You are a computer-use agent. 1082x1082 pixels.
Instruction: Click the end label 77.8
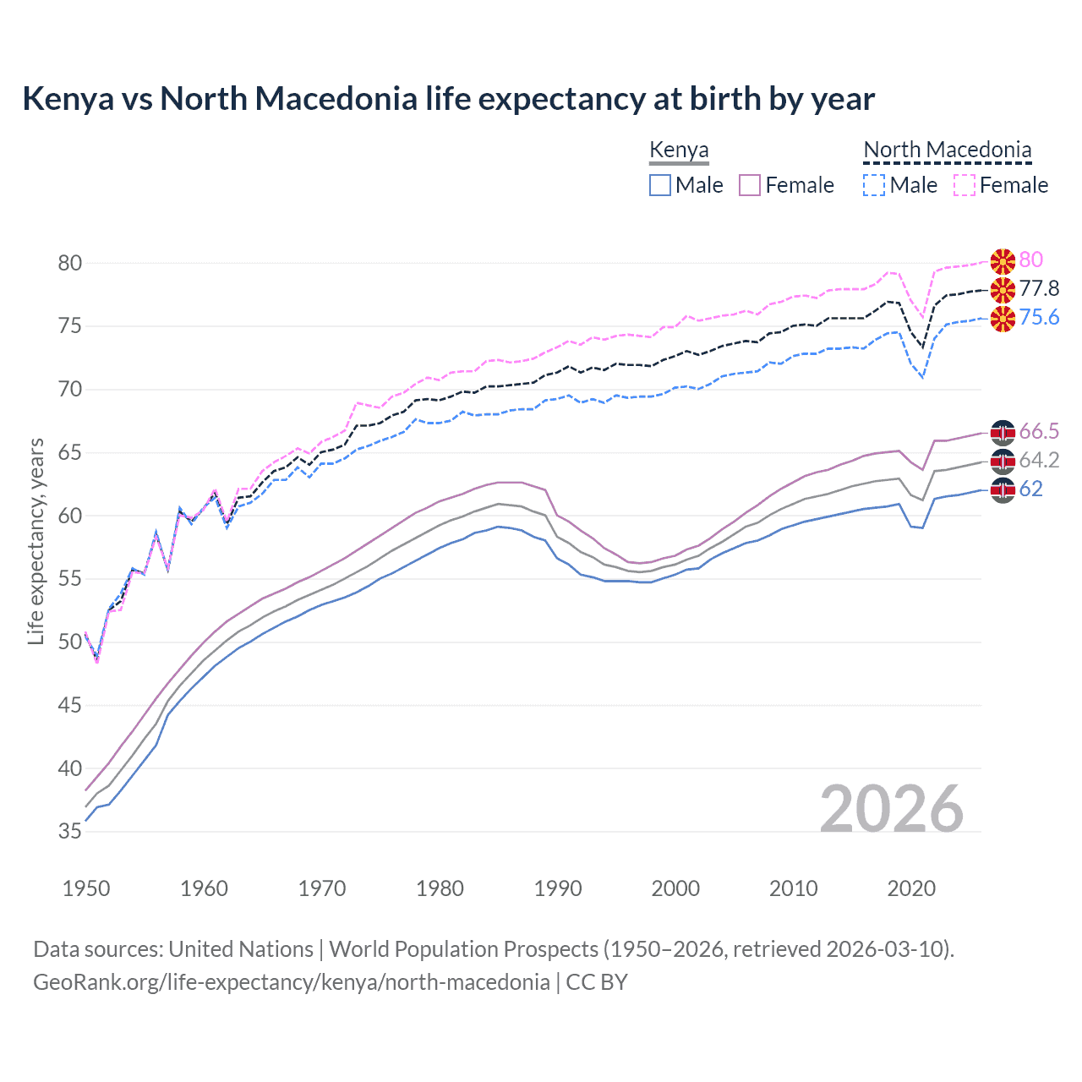click(1039, 289)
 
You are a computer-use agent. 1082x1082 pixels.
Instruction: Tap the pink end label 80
click(1030, 260)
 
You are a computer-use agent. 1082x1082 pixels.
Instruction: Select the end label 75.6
click(1039, 318)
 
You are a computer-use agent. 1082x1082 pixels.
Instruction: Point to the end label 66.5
click(1039, 432)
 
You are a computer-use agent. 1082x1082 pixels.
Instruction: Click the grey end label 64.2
click(1039, 461)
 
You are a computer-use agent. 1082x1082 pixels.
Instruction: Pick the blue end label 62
click(1030, 489)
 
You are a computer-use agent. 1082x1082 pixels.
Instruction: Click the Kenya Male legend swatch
click(660, 185)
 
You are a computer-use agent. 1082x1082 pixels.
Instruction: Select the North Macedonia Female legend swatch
click(965, 185)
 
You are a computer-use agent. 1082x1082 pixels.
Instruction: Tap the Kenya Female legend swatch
click(750, 185)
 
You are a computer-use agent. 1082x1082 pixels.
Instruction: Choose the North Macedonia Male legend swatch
click(874, 185)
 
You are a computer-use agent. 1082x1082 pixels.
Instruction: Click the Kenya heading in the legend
click(679, 150)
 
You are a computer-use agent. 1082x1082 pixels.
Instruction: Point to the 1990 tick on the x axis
click(558, 888)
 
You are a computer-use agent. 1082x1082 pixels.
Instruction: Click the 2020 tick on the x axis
click(911, 888)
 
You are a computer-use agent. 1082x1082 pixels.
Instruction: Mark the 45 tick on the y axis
click(70, 705)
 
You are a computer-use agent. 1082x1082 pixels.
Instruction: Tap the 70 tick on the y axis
click(70, 390)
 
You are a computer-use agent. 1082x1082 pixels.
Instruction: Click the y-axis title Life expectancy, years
click(36, 541)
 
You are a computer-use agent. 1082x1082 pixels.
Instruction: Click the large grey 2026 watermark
click(891, 809)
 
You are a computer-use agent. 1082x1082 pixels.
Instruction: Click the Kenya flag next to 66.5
click(1003, 433)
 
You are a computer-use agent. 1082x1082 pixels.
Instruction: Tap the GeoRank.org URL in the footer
click(292, 982)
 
